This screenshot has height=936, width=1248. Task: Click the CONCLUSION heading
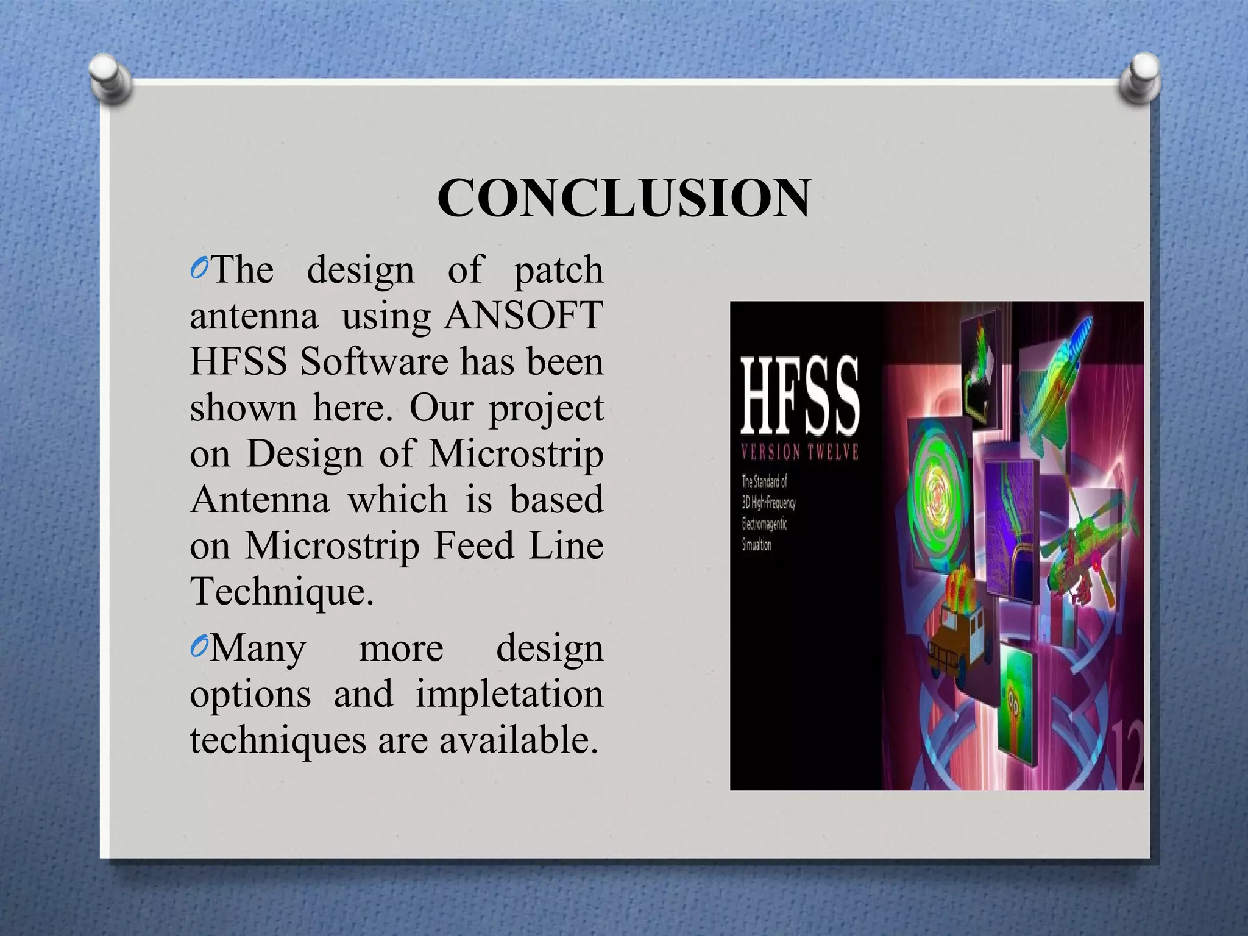pos(623,198)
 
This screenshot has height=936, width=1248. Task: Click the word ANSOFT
pos(524,316)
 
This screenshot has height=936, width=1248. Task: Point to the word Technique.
pos(281,591)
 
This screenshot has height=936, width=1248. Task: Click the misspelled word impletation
pos(509,694)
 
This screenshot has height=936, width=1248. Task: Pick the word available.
pos(518,740)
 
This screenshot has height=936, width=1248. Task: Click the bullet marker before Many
pos(199,648)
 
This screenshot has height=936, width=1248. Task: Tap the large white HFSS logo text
pos(799,395)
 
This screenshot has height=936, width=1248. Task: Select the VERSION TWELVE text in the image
pos(799,452)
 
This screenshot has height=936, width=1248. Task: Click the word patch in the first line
pos(558,270)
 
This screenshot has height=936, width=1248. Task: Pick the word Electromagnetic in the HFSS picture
pos(764,523)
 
